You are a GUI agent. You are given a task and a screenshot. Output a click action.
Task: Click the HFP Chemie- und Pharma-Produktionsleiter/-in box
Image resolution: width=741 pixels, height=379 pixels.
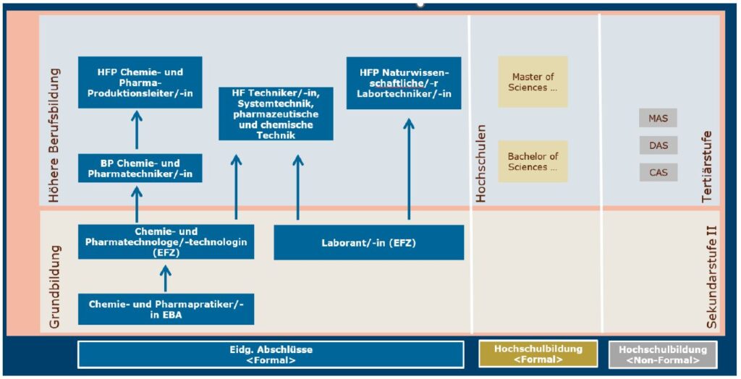(140, 82)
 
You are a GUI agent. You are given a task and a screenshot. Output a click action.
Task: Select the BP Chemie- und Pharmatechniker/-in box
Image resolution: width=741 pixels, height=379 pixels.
(140, 169)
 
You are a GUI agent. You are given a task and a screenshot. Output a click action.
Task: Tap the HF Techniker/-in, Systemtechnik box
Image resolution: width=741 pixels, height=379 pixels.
(276, 114)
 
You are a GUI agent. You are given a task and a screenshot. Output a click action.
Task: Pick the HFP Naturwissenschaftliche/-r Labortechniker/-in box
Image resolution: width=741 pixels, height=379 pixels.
(404, 83)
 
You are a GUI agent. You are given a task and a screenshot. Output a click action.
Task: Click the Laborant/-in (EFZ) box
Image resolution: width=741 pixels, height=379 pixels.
(368, 242)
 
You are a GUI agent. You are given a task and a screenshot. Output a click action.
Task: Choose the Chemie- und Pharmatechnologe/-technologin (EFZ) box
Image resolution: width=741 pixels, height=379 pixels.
(166, 242)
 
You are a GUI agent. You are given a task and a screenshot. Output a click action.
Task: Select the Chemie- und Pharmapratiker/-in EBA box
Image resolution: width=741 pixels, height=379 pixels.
(166, 309)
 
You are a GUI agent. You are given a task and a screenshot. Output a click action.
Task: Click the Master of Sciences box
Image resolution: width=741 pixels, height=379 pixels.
(533, 82)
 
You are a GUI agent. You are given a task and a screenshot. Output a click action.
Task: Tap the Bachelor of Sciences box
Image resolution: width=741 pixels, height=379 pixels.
(533, 161)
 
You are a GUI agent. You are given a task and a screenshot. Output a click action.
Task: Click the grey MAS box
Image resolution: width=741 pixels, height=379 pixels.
(659, 118)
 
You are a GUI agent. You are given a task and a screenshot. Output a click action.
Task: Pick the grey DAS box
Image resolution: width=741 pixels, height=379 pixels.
(659, 145)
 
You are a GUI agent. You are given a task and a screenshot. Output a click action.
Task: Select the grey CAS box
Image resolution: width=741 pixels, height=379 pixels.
(659, 172)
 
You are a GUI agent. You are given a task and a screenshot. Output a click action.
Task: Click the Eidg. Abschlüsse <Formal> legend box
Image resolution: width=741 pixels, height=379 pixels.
(271, 354)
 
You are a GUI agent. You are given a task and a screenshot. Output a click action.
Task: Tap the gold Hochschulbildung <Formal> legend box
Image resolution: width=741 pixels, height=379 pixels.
(538, 354)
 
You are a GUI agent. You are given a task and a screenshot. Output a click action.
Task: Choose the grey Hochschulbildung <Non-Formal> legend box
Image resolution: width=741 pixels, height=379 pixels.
(662, 354)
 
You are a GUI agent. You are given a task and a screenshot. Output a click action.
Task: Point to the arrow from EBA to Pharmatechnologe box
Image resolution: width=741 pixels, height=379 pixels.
(166, 278)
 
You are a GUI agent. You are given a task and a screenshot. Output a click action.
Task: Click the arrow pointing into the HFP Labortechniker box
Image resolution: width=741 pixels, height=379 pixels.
(409, 169)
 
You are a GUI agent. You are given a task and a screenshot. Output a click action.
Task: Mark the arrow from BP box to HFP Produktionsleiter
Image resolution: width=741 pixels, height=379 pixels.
(137, 130)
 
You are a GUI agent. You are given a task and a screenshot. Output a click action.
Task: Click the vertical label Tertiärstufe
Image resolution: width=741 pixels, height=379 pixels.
(707, 167)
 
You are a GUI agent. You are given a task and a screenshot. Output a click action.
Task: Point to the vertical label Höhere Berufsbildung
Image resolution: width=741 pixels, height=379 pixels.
(55, 136)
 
